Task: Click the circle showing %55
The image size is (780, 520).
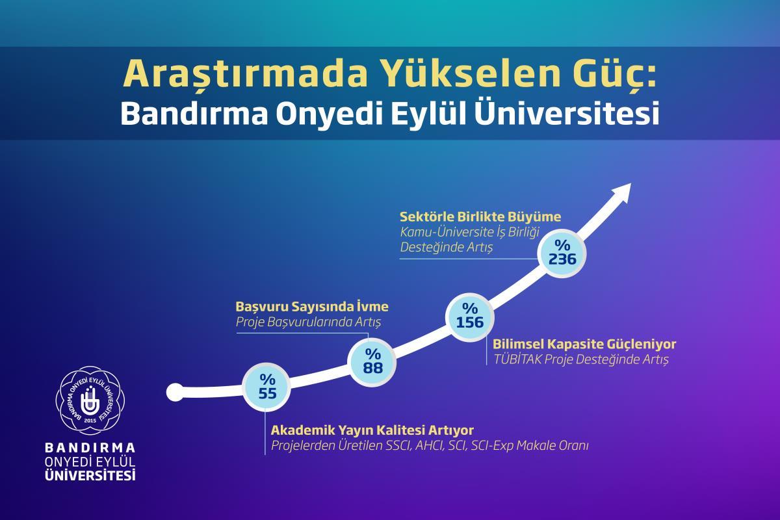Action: (266, 387)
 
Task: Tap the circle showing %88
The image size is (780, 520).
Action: (372, 362)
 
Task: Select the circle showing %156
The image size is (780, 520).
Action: (470, 317)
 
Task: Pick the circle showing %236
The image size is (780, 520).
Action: (562, 253)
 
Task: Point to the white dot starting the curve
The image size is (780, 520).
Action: (175, 392)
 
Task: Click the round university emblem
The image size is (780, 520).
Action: (90, 400)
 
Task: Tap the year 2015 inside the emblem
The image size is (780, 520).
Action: (90, 421)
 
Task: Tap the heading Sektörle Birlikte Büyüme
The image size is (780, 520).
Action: (480, 216)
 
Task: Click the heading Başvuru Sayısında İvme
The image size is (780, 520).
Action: (312, 306)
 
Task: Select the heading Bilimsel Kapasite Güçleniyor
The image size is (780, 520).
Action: (584, 344)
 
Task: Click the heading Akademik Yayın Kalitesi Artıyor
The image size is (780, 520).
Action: (372, 430)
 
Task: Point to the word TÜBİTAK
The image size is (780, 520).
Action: (517, 359)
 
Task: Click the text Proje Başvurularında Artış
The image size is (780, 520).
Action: (308, 322)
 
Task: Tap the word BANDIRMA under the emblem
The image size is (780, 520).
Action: (90, 448)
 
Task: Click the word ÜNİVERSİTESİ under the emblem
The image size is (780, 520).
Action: (90, 474)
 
